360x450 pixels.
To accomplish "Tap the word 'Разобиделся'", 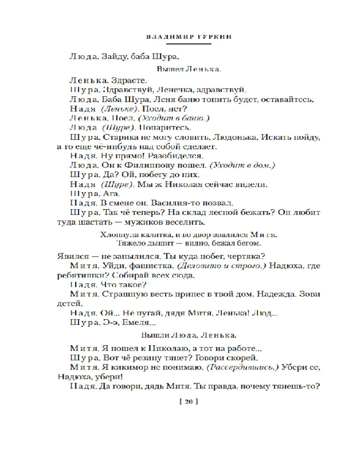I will (178, 156).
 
